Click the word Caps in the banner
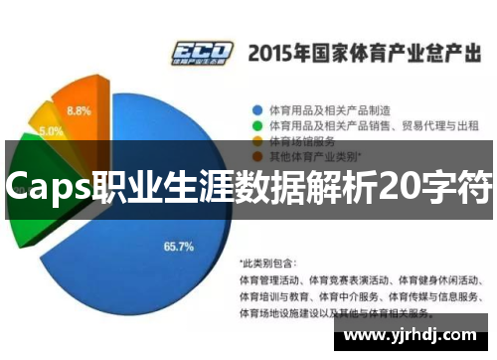point(46,185)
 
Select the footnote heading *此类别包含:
point(268,264)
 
